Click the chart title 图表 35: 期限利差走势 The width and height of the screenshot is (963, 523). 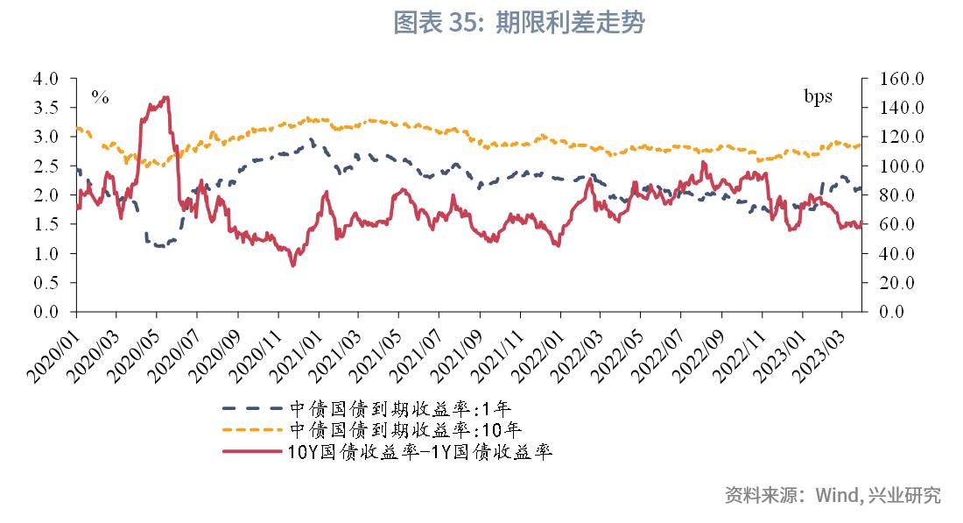[518, 24]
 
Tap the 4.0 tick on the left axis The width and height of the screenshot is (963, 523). [46, 79]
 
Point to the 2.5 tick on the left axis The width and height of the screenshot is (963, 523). [46, 166]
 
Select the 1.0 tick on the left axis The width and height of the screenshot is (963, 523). [46, 253]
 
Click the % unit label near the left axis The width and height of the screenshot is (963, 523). [101, 97]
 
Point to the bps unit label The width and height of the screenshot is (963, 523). [819, 95]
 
